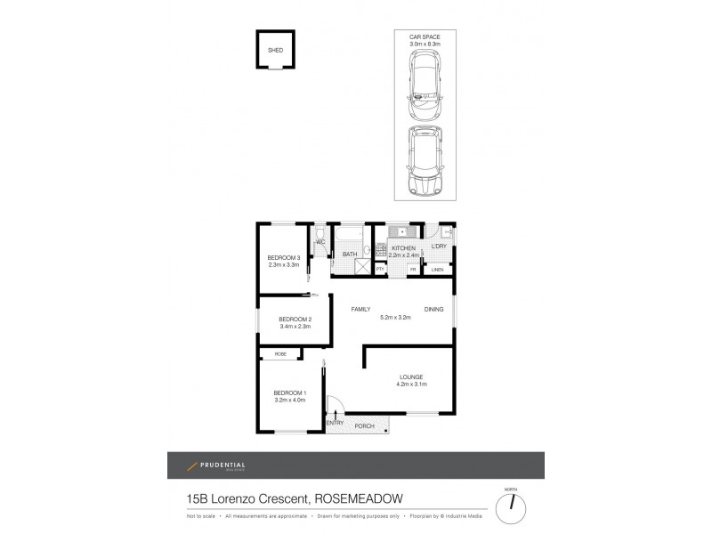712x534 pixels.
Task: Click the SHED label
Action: (x=276, y=51)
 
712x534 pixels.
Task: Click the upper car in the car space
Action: (x=425, y=86)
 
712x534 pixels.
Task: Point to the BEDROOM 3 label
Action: (x=284, y=257)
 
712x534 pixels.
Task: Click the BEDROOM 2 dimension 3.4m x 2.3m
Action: (x=294, y=327)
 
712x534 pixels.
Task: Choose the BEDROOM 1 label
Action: (x=289, y=392)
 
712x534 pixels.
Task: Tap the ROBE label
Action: (x=280, y=354)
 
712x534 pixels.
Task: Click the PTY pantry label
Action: (x=380, y=268)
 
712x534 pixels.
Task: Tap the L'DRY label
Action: (x=438, y=246)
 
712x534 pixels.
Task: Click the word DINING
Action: (x=433, y=309)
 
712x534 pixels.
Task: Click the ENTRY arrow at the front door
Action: (x=335, y=411)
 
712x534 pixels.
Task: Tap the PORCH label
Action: (x=365, y=426)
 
